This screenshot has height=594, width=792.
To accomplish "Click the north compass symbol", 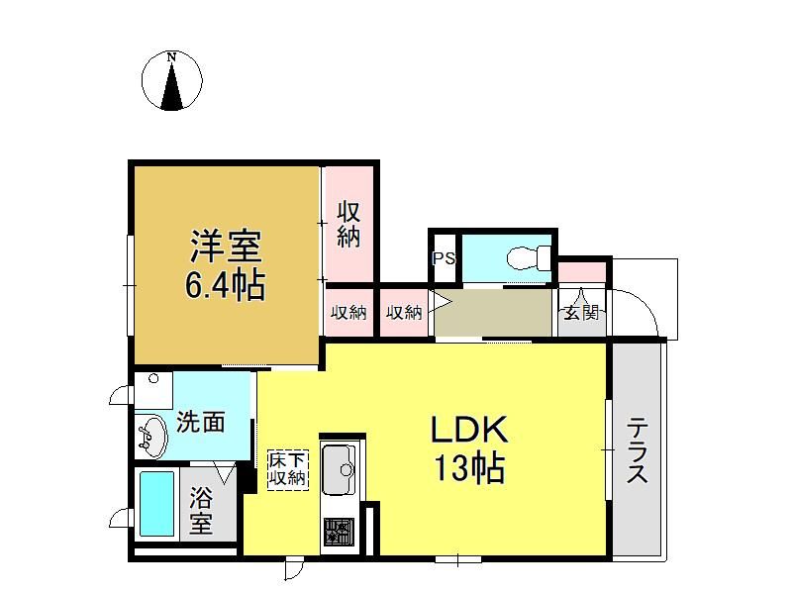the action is [x=171, y=81].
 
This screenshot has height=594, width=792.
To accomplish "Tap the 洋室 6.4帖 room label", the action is [x=226, y=265].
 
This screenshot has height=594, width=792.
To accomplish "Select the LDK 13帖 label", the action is [x=469, y=448].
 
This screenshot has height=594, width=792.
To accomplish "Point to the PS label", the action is [x=444, y=258].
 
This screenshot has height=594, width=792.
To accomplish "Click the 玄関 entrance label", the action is [x=582, y=312].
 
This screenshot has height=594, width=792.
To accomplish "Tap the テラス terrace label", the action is [x=638, y=450].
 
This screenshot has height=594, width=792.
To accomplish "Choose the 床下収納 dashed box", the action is [x=288, y=469].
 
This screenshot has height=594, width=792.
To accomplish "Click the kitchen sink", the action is [x=340, y=469].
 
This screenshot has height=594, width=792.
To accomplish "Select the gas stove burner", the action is [x=339, y=533].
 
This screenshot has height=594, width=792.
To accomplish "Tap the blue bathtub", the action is [x=157, y=504].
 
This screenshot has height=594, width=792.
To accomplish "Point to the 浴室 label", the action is [x=201, y=510].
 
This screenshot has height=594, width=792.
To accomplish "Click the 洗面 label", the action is [x=201, y=423].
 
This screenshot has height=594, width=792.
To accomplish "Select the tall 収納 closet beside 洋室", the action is [x=348, y=225].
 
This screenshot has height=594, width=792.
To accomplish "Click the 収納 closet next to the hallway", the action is [x=404, y=313].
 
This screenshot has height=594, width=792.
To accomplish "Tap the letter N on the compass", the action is [x=171, y=56].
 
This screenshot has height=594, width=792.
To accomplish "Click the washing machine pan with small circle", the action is [x=153, y=390].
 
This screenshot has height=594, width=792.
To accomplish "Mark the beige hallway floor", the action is [x=493, y=312].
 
